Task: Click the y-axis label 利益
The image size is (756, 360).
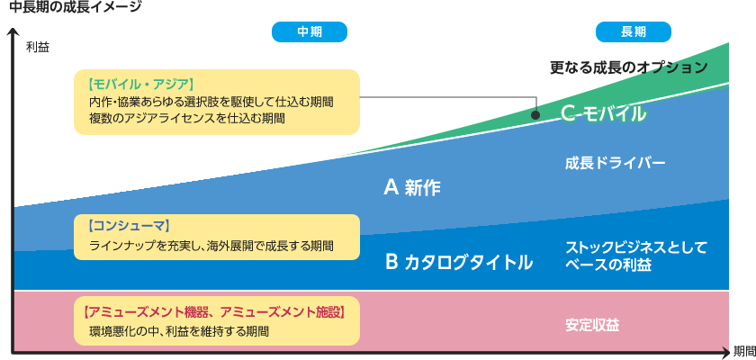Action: click(37, 46)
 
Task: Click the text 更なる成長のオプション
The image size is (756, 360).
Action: click(628, 67)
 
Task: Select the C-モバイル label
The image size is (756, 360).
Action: click(602, 113)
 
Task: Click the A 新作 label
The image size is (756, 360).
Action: click(413, 187)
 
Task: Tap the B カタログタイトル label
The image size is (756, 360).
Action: click(458, 262)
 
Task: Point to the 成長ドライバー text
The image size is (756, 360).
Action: click(615, 164)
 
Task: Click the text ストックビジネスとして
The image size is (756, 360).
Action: click(635, 247)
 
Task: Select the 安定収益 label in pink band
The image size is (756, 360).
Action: click(591, 324)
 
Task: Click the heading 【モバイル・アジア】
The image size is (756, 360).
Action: click(142, 85)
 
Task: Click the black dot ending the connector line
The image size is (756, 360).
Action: click(535, 115)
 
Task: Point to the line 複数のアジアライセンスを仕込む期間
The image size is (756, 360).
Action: click(186, 118)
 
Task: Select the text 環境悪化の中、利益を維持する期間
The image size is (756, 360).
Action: click(178, 330)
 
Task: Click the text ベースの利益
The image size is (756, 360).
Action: click(607, 265)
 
